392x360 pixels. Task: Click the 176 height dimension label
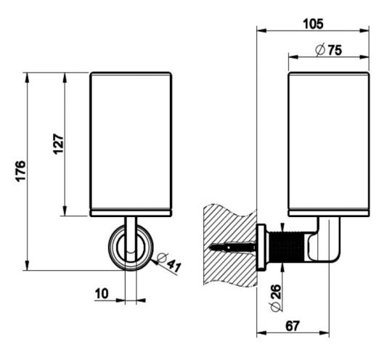[20, 171]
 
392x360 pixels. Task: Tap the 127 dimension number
[59, 144]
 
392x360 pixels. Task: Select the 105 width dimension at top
[313, 24]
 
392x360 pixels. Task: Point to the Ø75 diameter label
[329, 50]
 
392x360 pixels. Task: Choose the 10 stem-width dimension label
[102, 293]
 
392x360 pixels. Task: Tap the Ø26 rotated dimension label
[276, 298]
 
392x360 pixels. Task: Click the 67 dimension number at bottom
[293, 326]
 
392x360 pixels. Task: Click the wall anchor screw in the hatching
[232, 247]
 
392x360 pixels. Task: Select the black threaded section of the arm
[287, 247]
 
